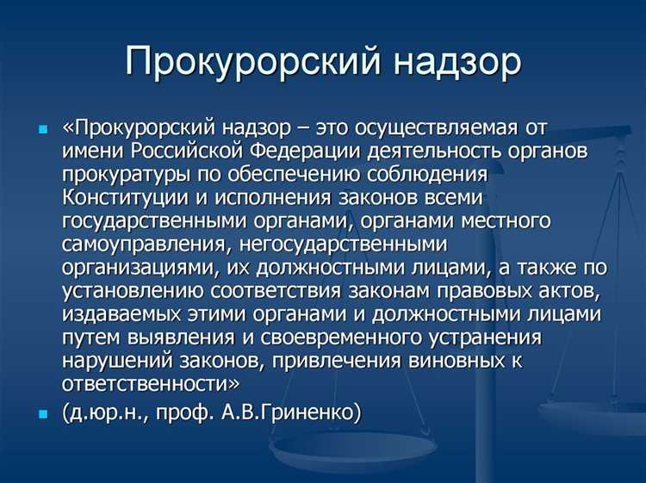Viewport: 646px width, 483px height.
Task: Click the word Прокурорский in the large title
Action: coord(225,62)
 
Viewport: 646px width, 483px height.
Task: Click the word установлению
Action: coord(130,292)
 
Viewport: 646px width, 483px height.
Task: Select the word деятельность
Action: coord(437,152)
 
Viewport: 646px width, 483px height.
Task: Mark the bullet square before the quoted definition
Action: coord(44,129)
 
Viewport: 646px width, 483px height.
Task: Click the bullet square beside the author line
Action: coord(44,413)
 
